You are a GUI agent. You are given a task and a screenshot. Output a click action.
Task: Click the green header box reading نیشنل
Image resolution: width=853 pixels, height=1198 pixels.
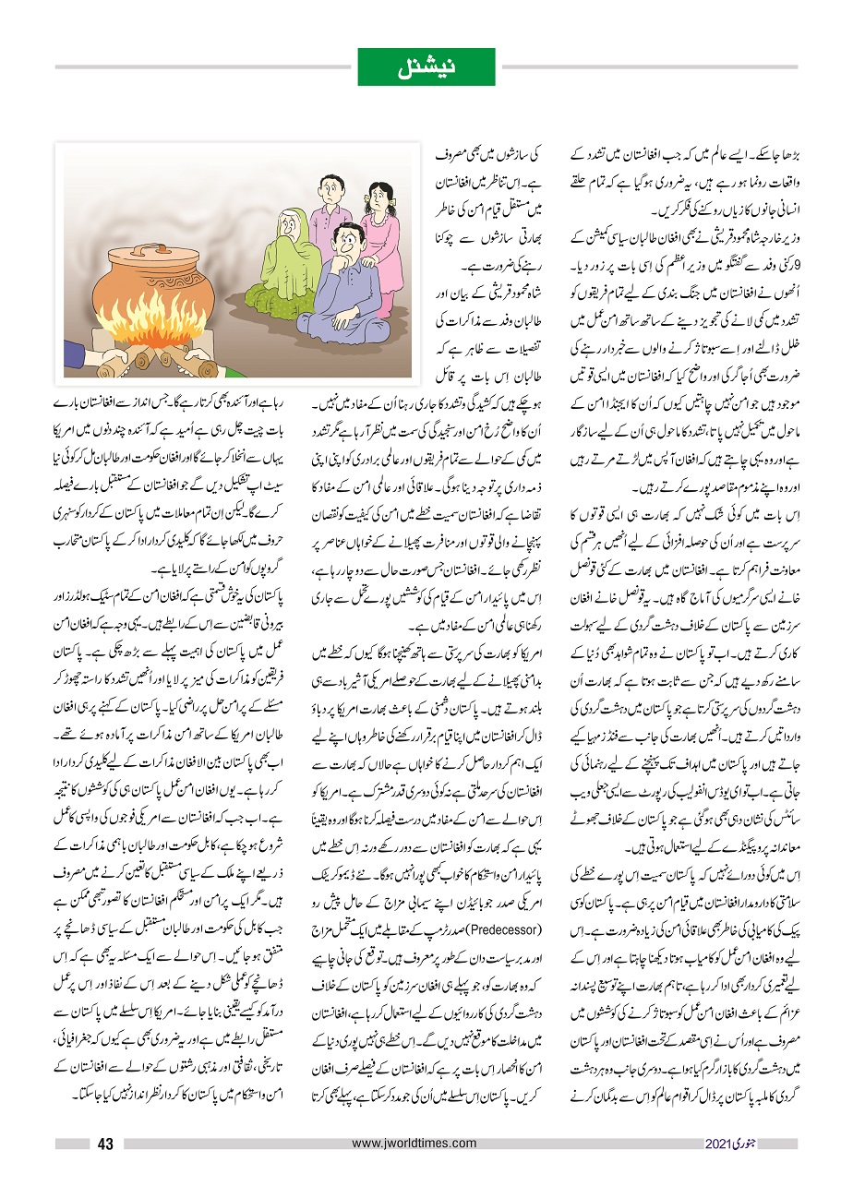point(426,66)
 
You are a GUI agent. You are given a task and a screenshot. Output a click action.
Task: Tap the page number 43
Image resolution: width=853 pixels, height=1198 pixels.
point(105,1145)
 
